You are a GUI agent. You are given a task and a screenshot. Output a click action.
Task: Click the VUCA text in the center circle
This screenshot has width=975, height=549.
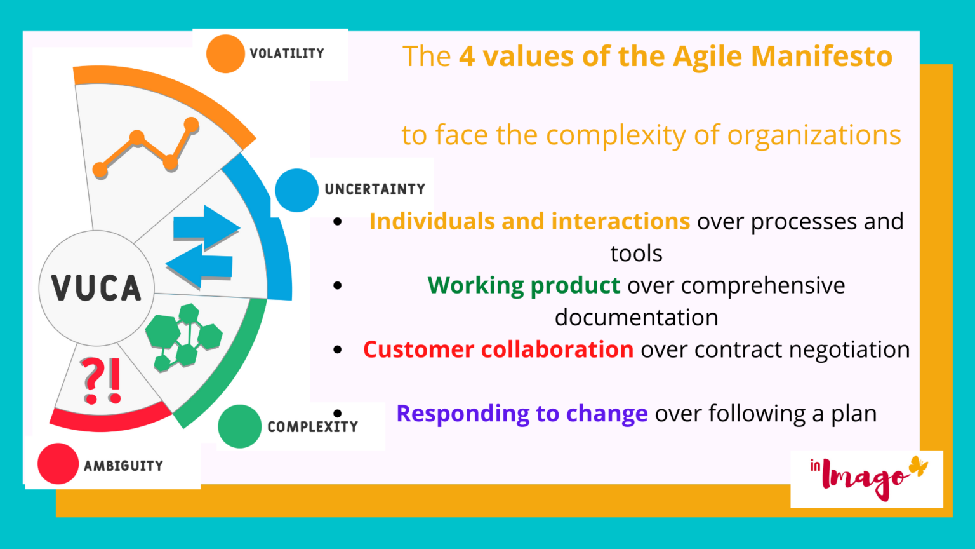tap(96, 288)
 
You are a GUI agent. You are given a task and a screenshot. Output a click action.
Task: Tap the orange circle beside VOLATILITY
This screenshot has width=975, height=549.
tap(225, 54)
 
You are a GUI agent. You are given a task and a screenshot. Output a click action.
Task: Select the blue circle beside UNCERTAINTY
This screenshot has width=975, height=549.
tap(296, 190)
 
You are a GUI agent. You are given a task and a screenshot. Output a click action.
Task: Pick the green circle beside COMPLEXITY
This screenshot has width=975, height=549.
tap(239, 426)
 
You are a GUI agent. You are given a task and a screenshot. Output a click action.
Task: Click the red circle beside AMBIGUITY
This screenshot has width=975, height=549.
tap(58, 464)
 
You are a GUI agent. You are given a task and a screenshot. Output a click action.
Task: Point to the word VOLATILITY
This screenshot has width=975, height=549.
tap(287, 53)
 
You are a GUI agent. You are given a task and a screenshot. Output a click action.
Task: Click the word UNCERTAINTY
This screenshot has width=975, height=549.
tap(375, 189)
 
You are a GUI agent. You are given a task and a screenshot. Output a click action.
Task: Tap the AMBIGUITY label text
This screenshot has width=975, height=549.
tap(123, 466)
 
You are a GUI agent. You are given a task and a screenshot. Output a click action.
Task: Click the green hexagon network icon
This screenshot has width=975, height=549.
tap(184, 336)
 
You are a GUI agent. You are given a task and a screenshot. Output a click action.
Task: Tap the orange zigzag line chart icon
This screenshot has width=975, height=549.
tap(146, 147)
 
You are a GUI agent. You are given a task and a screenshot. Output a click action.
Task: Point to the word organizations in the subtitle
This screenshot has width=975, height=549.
tap(814, 135)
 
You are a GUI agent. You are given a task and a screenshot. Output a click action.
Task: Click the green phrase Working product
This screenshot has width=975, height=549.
tap(524, 285)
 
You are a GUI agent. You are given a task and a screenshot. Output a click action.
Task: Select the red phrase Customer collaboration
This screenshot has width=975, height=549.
tap(498, 349)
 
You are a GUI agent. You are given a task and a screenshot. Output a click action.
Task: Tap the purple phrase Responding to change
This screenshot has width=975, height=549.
tap(522, 414)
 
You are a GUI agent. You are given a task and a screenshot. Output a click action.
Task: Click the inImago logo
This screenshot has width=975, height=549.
tap(866, 479)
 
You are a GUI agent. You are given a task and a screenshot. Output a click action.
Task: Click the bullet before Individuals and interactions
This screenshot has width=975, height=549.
tap(338, 222)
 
